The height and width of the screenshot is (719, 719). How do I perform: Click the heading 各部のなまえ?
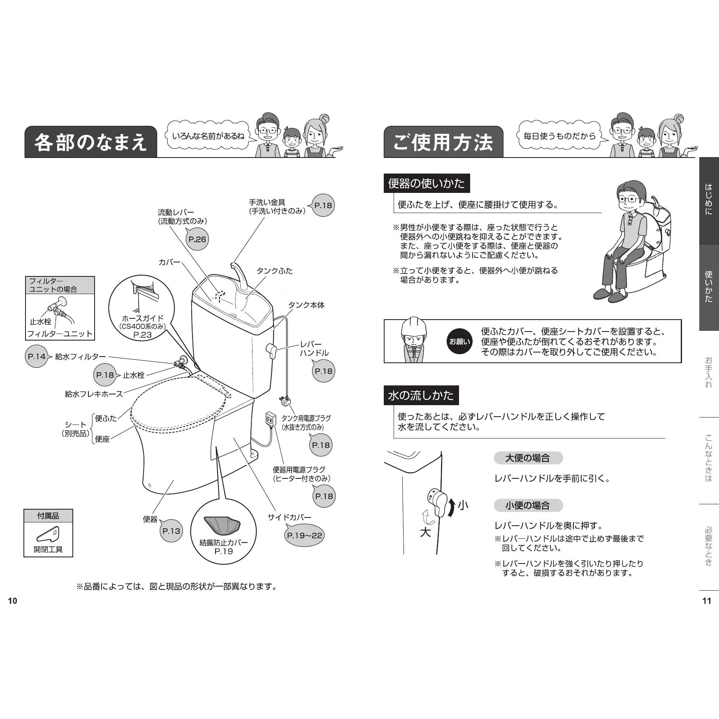coord(90,142)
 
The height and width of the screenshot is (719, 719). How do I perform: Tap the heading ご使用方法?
coord(443,142)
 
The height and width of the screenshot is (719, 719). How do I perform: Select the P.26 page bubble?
coord(197,239)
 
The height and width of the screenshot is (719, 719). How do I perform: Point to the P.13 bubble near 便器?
coord(171,531)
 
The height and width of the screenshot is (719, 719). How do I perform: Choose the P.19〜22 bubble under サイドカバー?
coord(305,535)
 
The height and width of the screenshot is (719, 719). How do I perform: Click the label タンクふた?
coord(275,271)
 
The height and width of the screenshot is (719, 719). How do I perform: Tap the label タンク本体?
coord(306,305)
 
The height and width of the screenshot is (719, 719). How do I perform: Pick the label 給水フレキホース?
coord(94,394)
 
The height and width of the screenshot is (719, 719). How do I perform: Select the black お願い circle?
coord(459,341)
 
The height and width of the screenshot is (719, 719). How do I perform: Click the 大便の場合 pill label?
coord(528,458)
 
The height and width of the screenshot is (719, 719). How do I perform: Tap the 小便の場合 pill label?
coord(528,505)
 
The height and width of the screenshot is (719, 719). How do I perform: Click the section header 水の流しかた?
coord(421,395)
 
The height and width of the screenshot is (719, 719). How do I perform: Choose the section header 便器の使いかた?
coord(427,183)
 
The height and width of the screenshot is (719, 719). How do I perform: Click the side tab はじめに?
coord(709,200)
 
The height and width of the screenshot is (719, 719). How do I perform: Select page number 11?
coord(707,601)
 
